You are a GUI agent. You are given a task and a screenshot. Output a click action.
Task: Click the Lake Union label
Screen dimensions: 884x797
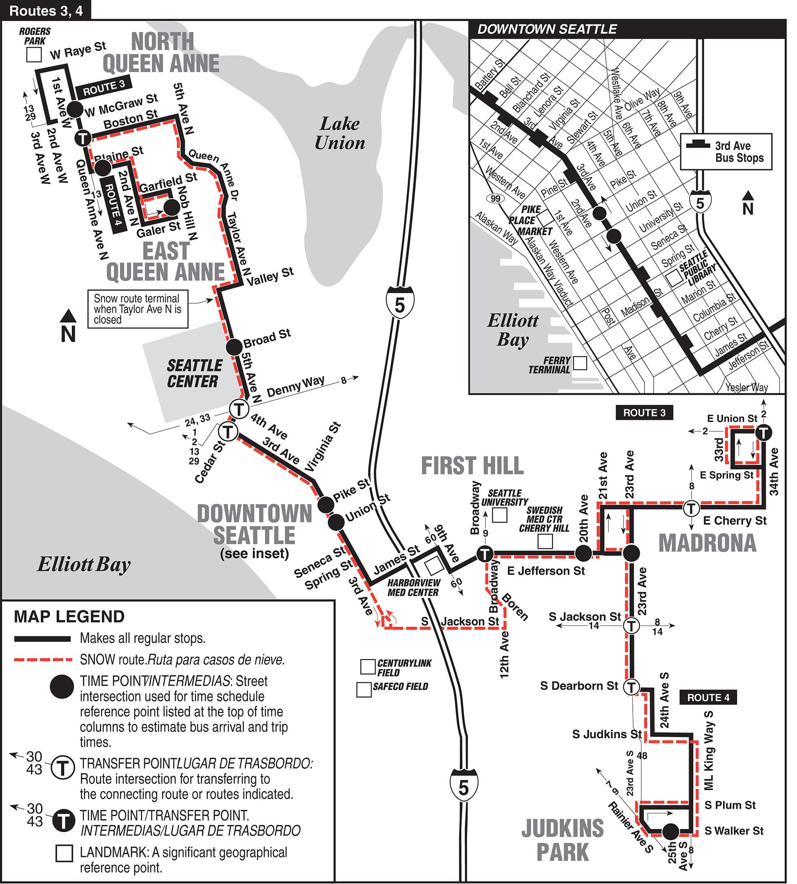(x=340, y=133)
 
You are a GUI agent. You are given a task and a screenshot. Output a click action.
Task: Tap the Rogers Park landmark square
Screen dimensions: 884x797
(x=34, y=55)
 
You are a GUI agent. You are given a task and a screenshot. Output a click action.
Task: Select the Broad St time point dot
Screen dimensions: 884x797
(x=234, y=347)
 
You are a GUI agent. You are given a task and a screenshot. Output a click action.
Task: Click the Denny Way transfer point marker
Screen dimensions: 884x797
(x=239, y=408)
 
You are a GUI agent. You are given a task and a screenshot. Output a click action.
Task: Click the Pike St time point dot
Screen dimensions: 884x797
(x=326, y=504)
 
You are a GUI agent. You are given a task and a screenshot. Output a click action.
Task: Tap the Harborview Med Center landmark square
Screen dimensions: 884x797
(x=433, y=566)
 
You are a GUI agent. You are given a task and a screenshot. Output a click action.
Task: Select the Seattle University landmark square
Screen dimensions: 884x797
(x=499, y=515)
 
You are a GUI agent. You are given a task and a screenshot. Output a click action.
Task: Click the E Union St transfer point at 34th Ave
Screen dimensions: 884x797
(x=763, y=432)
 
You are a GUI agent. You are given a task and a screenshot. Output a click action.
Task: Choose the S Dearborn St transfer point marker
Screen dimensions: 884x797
(x=631, y=687)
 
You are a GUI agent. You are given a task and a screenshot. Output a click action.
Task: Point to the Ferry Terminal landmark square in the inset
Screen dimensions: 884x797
(x=580, y=363)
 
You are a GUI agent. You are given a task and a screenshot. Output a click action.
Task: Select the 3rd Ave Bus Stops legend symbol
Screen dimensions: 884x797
(x=698, y=144)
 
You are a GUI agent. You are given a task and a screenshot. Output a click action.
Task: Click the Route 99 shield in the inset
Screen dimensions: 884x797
(x=495, y=198)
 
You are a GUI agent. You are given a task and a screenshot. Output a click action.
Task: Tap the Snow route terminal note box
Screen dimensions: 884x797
(x=138, y=309)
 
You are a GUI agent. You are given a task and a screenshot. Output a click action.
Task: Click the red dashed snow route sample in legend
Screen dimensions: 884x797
(x=43, y=660)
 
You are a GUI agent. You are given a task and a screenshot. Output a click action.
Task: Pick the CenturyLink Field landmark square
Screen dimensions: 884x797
(x=368, y=667)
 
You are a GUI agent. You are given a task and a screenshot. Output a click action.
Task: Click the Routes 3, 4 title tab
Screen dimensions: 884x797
(x=46, y=10)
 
